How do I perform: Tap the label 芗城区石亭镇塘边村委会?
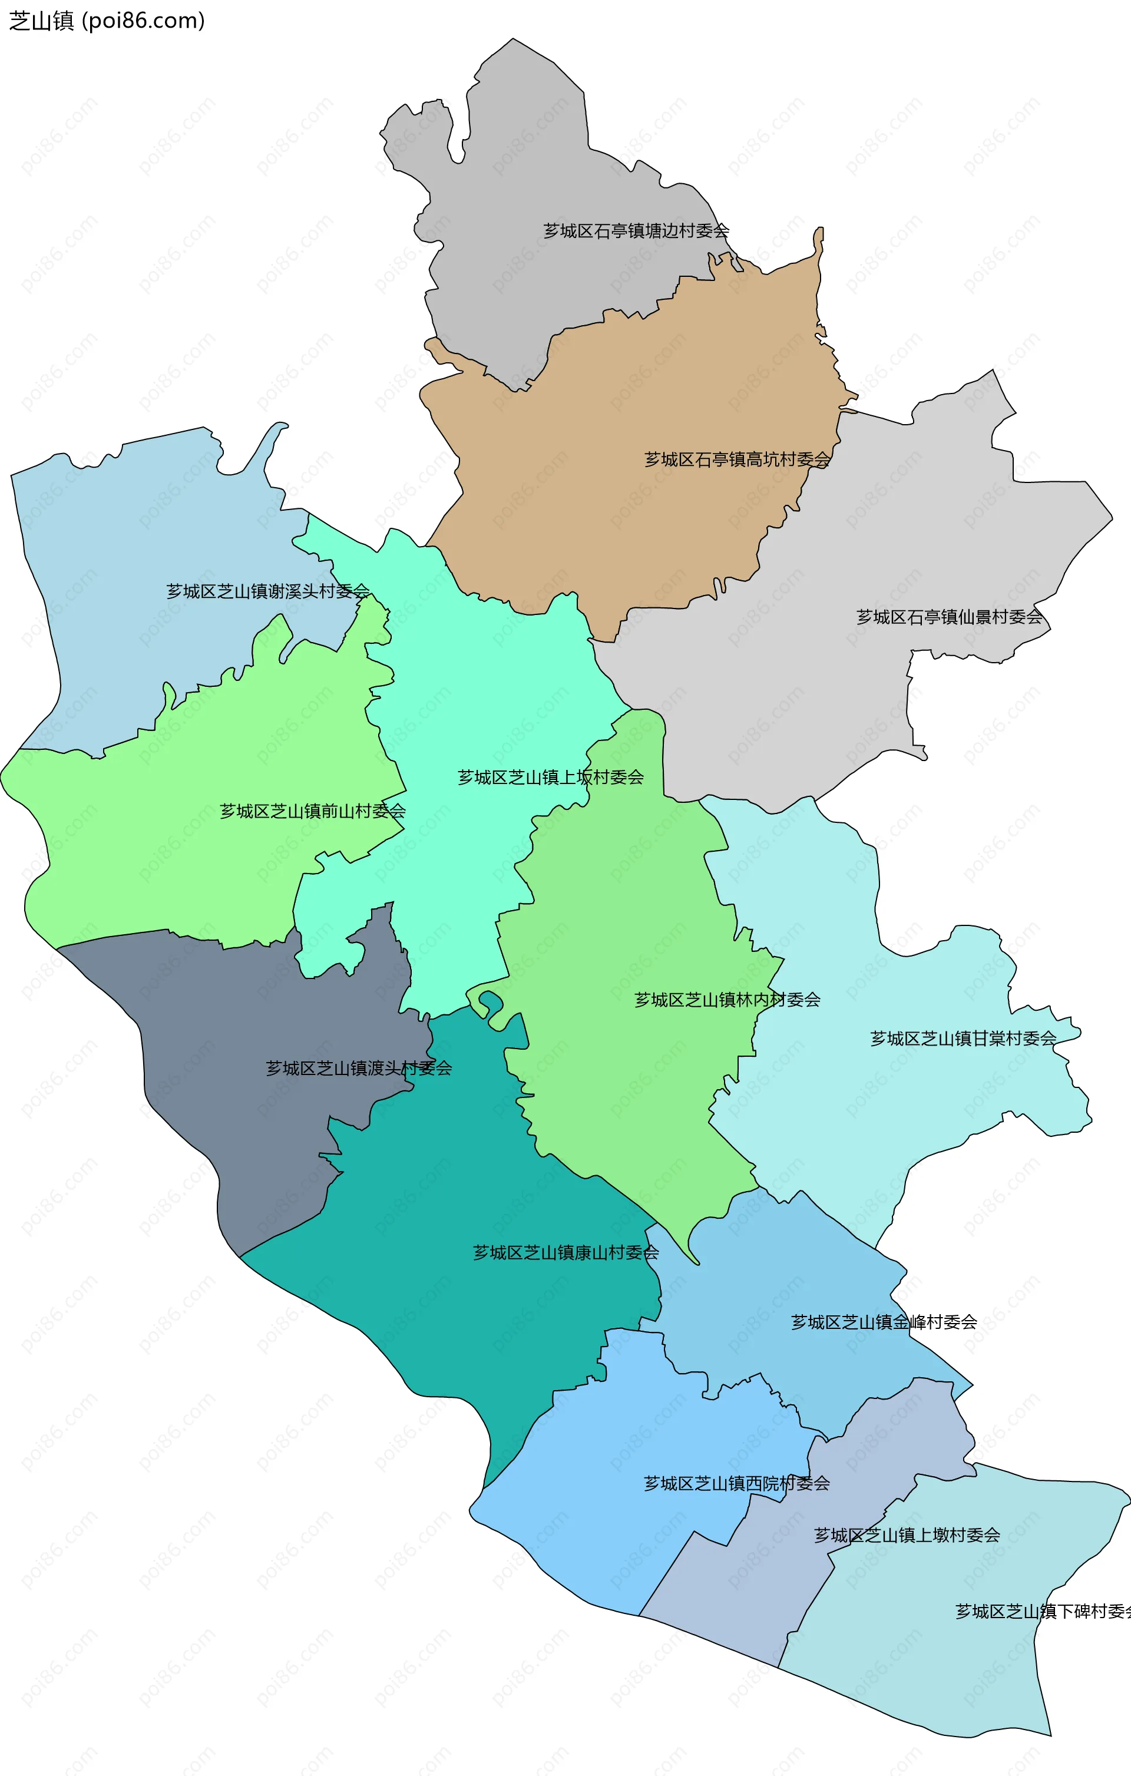click(x=636, y=231)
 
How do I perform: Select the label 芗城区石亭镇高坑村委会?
click(x=737, y=459)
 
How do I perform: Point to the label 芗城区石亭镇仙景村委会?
click(x=949, y=617)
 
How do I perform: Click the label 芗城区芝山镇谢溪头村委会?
click(x=268, y=591)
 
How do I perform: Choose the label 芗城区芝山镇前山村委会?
click(x=313, y=811)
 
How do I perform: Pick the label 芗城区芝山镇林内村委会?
click(x=727, y=1000)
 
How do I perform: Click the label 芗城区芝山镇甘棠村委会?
click(x=963, y=1039)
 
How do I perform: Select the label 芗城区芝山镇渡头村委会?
click(x=359, y=1068)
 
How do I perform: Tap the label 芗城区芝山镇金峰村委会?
click(x=884, y=1322)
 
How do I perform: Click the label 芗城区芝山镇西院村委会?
click(x=737, y=1483)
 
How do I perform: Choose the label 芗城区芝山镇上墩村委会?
click(x=907, y=1535)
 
